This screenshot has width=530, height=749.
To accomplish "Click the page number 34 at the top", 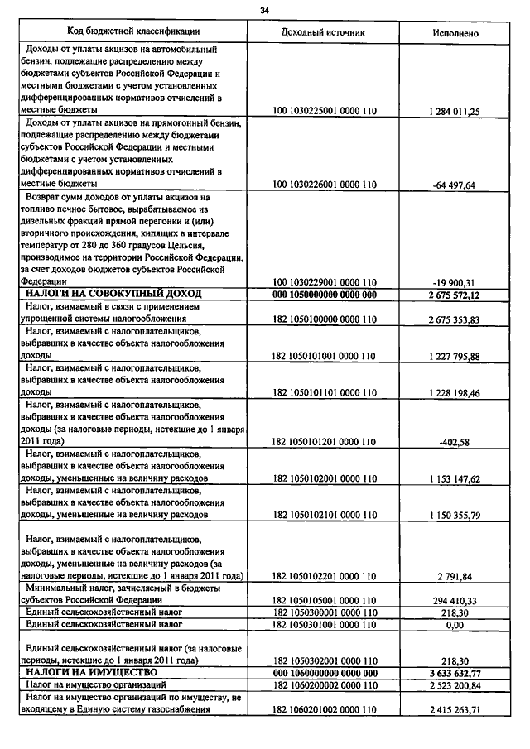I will [264, 10].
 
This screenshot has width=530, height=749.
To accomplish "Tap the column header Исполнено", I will [455, 32].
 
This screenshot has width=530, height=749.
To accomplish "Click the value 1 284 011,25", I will [455, 111].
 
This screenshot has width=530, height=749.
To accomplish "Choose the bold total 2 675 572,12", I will [455, 295].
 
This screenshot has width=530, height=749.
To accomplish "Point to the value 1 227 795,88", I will [455, 356].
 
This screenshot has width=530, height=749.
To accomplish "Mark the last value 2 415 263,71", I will [455, 710].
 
